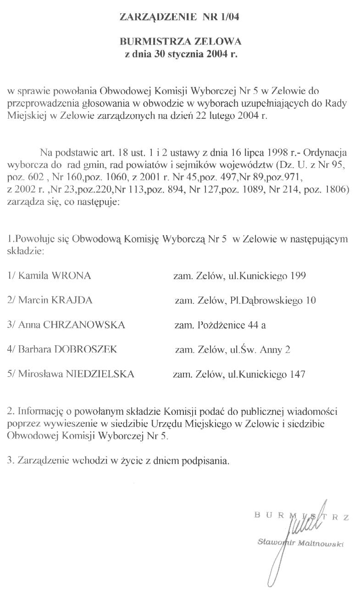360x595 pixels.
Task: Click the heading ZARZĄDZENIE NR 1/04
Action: point(180,17)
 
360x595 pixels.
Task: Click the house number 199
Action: point(297,275)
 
